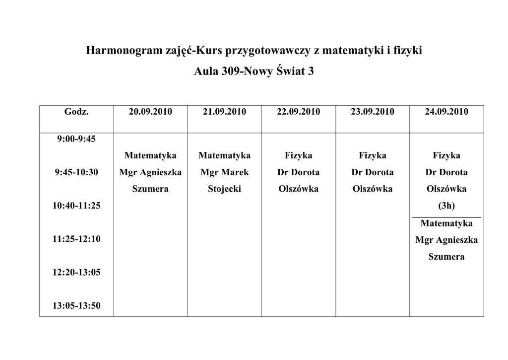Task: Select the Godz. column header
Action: tap(76, 112)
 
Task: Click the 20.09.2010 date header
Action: tap(150, 112)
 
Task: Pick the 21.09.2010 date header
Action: tap(224, 112)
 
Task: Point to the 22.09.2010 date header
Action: tap(298, 112)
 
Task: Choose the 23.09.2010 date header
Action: tap(373, 112)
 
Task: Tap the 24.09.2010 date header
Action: tap(446, 112)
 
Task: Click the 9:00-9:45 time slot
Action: tap(76, 139)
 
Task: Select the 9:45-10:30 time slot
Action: tap(76, 172)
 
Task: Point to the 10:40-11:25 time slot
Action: tap(76, 206)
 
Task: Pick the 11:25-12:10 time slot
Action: tap(76, 239)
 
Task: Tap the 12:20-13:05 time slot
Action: tap(76, 272)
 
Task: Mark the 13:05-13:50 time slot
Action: tap(76, 305)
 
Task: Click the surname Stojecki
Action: tap(224, 189)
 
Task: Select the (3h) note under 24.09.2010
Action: tap(446, 206)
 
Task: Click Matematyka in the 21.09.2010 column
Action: tap(224, 156)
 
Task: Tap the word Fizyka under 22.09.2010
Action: tap(298, 156)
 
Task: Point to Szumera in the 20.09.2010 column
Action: tap(150, 189)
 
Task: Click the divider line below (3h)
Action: tap(446, 217)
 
